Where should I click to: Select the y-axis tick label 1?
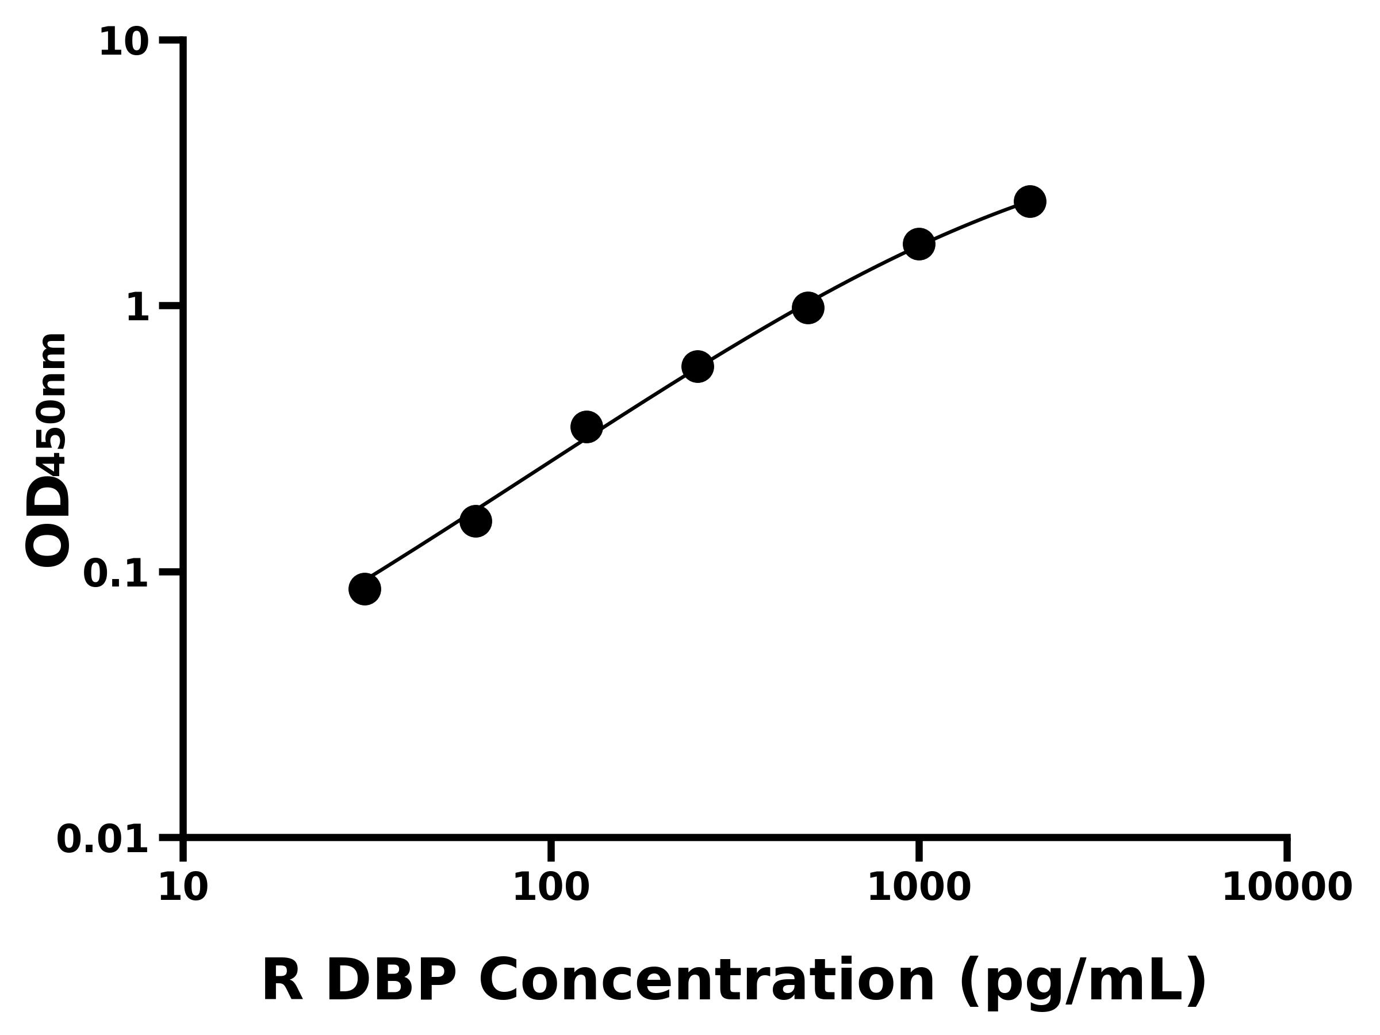pyautogui.click(x=138, y=308)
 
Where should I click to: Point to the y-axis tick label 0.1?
pyautogui.click(x=116, y=574)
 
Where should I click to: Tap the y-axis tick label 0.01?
pyautogui.click(x=103, y=839)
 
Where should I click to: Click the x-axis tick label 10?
pyautogui.click(x=183, y=888)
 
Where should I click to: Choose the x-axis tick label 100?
pyautogui.click(x=551, y=888)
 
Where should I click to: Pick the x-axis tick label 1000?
pyautogui.click(x=919, y=888)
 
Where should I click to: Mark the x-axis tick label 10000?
pyautogui.click(x=1287, y=888)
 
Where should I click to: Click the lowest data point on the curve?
pyautogui.click(x=365, y=589)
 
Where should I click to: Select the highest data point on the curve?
pyautogui.click(x=1030, y=201)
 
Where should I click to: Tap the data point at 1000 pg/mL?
pyautogui.click(x=919, y=243)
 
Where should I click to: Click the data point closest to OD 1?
pyautogui.click(x=808, y=308)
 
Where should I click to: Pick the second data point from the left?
pyautogui.click(x=476, y=521)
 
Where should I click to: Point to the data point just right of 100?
pyautogui.click(x=586, y=427)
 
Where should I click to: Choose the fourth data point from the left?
pyautogui.click(x=697, y=367)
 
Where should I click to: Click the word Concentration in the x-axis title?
pyautogui.click(x=706, y=982)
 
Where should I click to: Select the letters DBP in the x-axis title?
pyautogui.click(x=390, y=982)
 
